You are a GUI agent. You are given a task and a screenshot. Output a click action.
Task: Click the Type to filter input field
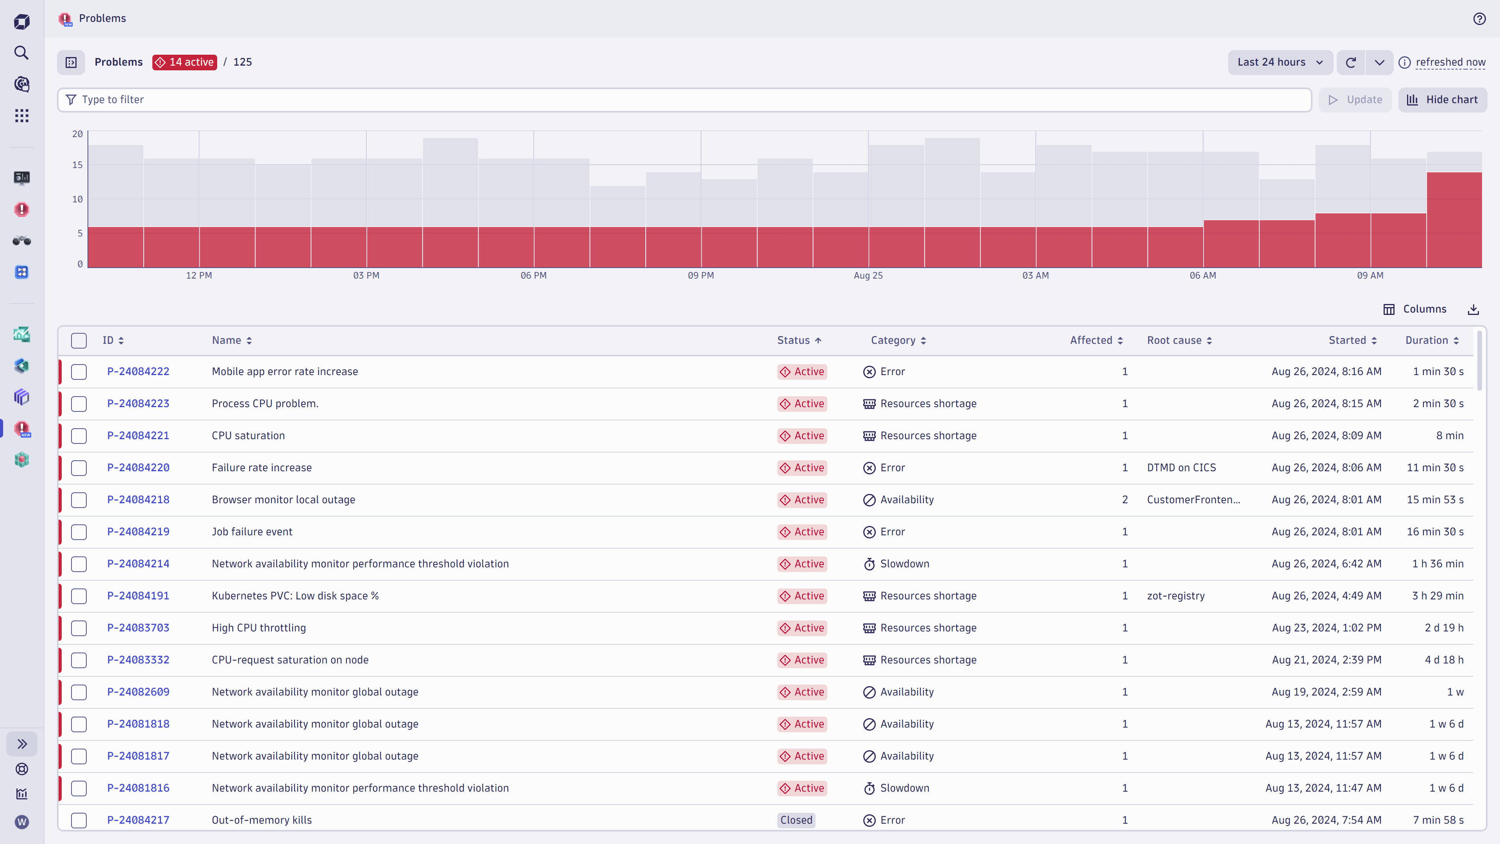point(684,100)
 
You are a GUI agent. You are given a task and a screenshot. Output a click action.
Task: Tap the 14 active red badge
point(185,63)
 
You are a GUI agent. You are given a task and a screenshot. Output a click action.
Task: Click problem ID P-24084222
point(138,372)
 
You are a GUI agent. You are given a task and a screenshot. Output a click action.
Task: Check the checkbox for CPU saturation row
point(79,436)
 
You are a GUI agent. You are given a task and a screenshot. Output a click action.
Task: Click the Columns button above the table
point(1415,309)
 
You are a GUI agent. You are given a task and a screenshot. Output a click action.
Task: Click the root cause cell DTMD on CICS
point(1181,468)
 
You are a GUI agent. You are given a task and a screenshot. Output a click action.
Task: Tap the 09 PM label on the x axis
point(700,275)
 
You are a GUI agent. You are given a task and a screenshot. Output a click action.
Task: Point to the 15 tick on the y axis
point(77,165)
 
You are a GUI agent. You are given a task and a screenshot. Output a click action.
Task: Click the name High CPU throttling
point(259,628)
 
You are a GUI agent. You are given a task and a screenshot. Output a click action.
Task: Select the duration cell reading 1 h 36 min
point(1437,564)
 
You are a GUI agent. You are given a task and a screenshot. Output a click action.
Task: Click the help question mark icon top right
point(1479,19)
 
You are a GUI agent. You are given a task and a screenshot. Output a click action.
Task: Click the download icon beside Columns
point(1473,309)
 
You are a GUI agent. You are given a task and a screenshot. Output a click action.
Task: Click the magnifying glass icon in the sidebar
point(21,53)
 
